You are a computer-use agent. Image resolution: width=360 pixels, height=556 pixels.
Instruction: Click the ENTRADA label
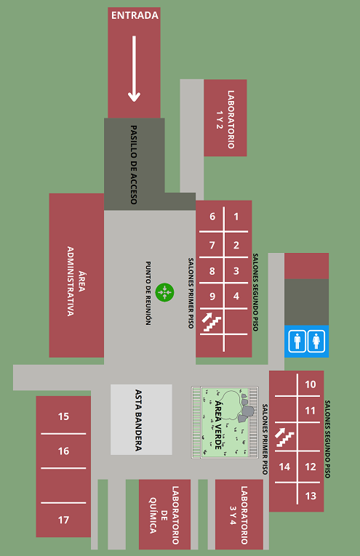tap(135, 15)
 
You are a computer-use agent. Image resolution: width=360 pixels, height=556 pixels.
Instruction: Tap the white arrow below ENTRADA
tap(134, 69)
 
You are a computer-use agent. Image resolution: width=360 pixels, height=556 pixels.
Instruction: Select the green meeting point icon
tap(164, 293)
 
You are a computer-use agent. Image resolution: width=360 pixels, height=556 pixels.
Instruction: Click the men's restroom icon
tap(297, 341)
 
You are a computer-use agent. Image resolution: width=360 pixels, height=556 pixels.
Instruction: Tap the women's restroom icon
tap(316, 341)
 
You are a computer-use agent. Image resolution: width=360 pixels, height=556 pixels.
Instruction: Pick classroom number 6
tap(212, 217)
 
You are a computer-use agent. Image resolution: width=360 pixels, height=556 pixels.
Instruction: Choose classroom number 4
tap(236, 296)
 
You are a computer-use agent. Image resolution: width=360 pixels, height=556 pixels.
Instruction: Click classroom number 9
tap(212, 296)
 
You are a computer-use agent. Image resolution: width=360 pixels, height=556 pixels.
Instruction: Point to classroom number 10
tap(311, 384)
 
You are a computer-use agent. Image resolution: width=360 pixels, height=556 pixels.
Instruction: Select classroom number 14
tap(284, 467)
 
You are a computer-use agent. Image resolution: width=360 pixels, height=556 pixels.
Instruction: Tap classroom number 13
tap(311, 496)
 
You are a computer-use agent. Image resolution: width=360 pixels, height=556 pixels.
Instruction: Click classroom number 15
tap(63, 416)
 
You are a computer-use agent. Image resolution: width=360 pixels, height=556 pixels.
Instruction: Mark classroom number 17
tap(63, 520)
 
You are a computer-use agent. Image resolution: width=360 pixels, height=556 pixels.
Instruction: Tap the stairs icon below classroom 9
tap(212, 322)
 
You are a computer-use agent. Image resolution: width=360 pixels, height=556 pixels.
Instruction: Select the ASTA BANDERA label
tap(138, 420)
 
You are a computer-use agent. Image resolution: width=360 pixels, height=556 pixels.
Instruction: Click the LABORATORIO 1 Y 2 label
tap(225, 119)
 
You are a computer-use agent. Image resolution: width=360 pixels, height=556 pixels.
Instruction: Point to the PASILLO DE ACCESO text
tap(133, 164)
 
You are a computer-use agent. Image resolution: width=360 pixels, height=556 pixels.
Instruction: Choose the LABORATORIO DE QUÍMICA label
tap(164, 515)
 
